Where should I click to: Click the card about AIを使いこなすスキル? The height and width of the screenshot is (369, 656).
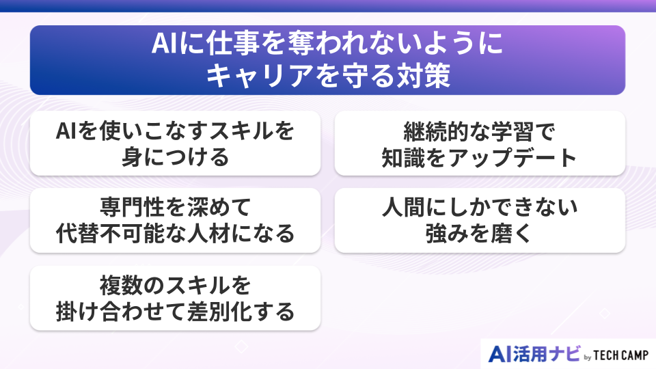pos(175,143)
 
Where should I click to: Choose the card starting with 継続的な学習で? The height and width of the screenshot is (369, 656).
pos(480,143)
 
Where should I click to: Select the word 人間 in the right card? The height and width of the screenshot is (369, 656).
pos(411,206)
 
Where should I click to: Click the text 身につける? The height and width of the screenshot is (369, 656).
pos(175,157)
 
